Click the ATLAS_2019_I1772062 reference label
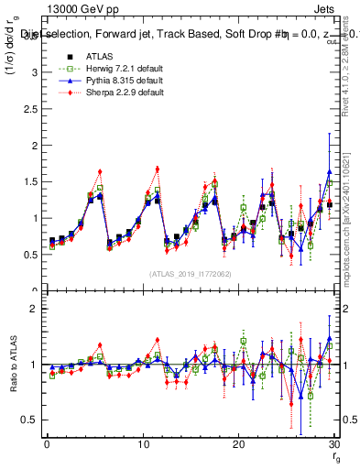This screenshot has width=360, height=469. coord(190,274)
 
